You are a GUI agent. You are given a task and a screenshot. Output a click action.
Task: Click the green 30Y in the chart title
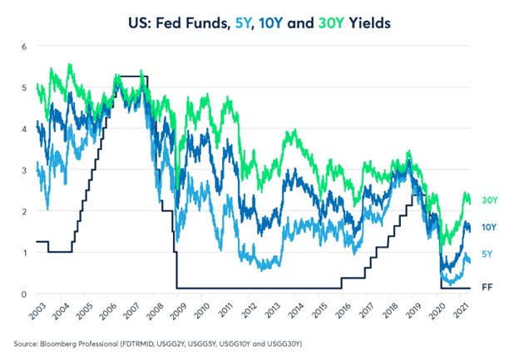[331, 23]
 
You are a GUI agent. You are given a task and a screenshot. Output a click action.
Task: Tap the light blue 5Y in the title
[243, 23]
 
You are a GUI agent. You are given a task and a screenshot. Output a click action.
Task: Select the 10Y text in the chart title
[271, 23]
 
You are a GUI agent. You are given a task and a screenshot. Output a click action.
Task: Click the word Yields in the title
[370, 23]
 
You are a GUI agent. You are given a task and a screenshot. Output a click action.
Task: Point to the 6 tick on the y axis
[24, 47]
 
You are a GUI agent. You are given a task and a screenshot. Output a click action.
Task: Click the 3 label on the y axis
[24, 170]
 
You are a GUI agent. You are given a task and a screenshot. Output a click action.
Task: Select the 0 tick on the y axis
[24, 294]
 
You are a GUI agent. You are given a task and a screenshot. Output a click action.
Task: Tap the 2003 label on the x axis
[37, 311]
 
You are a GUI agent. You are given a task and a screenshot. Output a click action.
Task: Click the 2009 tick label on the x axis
[178, 311]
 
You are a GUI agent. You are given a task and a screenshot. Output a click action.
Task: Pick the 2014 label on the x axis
[295, 311]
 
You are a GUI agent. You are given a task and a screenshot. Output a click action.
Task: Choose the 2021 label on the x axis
[461, 311]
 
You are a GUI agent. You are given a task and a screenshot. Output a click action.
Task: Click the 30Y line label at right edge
[490, 200]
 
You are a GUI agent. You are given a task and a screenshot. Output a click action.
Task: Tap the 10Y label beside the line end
[489, 227]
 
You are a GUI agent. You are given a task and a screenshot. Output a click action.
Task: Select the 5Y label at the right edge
[487, 254]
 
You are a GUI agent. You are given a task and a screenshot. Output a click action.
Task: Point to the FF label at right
[487, 287]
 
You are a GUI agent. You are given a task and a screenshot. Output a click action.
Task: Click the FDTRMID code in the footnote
[136, 344]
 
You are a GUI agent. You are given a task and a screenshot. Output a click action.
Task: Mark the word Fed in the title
[168, 23]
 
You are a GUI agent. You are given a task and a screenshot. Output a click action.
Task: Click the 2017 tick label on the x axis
[366, 311]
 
